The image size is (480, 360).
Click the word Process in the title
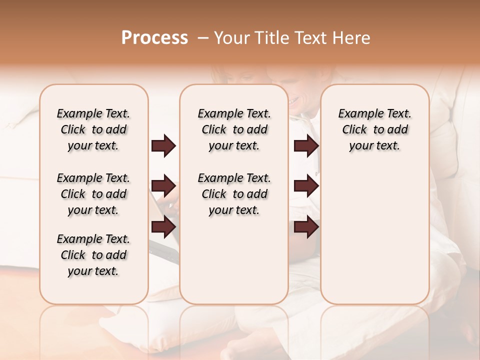point(154,38)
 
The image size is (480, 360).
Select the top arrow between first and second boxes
point(163,146)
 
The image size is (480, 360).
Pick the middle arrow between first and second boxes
point(163,186)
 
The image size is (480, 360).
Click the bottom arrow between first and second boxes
point(163,227)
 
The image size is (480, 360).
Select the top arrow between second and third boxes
point(306,146)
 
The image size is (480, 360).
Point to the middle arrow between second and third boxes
point(306,186)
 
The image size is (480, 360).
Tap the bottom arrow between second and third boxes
point(306,227)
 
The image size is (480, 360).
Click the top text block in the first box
point(93,129)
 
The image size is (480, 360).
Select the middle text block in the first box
point(93,194)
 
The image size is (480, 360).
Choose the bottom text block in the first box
point(93,255)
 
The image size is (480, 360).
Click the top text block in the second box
point(234,129)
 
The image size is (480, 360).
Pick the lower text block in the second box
point(234,194)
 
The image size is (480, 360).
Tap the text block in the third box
point(374,129)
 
